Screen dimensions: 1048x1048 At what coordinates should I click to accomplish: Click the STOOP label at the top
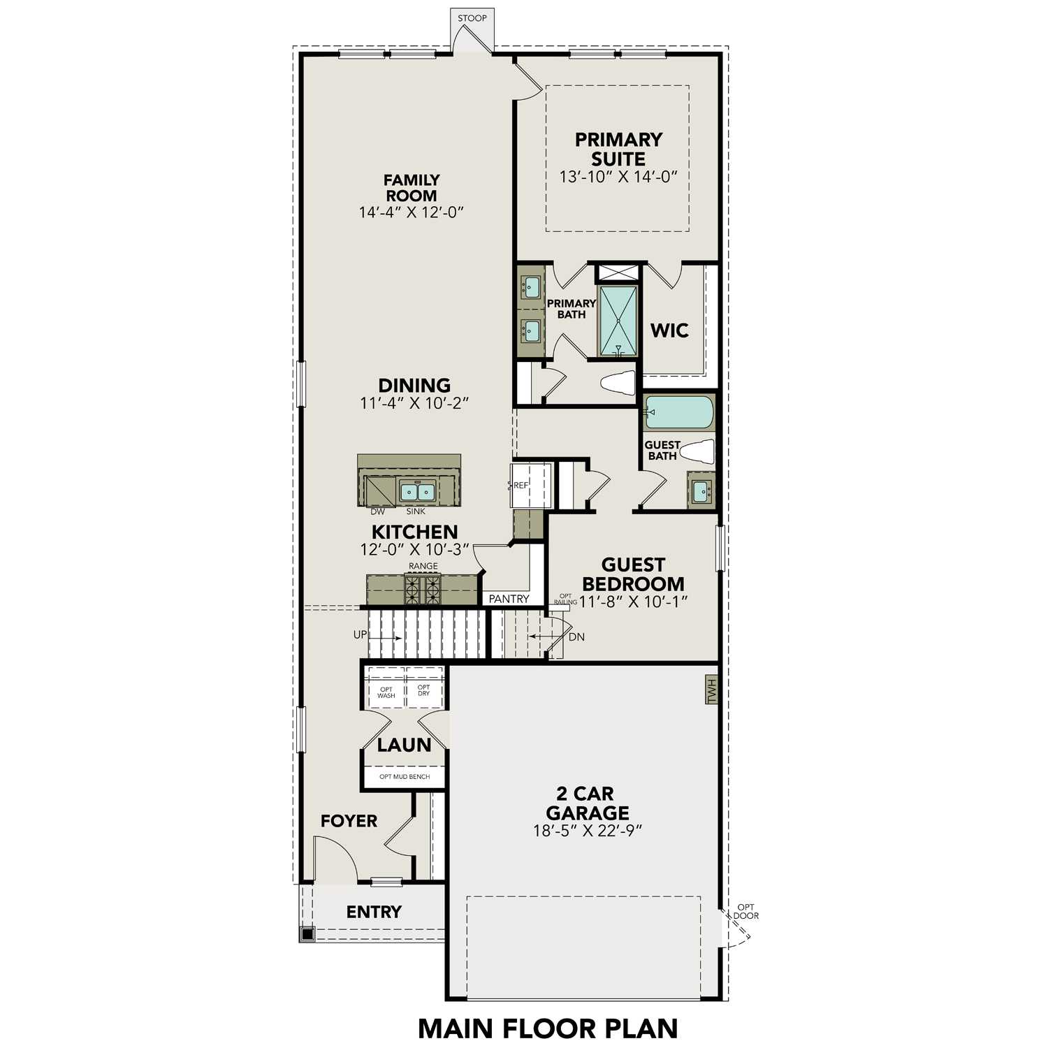tap(472, 18)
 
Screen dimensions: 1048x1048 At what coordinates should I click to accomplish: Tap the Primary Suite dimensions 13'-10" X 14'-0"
tap(618, 177)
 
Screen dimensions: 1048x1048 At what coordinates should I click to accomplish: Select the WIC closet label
tap(669, 330)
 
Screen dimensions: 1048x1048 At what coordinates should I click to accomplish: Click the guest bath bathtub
tap(678, 412)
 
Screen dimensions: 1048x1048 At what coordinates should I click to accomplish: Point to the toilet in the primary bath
tap(618, 383)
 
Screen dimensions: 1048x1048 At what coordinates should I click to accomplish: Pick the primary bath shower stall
tap(618, 321)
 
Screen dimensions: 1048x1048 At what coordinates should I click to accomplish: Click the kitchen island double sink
tap(417, 492)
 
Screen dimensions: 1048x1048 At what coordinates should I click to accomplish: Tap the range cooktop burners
tap(423, 590)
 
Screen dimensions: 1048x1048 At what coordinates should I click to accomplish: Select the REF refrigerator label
tap(521, 485)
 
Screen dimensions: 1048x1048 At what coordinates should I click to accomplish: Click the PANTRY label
tap(509, 599)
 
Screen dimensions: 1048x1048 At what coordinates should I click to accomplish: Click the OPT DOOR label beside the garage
tap(745, 911)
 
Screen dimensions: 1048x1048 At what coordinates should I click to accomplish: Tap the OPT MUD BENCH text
tap(405, 777)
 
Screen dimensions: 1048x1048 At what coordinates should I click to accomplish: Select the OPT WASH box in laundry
tap(386, 692)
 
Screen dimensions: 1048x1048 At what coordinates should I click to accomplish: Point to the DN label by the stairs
tap(576, 637)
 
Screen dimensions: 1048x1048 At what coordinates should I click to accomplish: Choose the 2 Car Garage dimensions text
tap(587, 831)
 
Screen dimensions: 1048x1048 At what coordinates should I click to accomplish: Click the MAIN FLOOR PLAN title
tap(548, 1028)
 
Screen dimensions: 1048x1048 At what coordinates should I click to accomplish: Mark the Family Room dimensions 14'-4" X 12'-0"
tap(412, 212)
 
